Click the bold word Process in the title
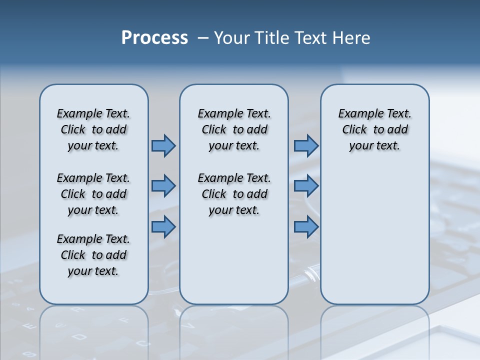click(x=154, y=38)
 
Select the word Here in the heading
click(x=351, y=38)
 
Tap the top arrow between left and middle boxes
click(x=163, y=145)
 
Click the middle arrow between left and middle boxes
click(x=163, y=186)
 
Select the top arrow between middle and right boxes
click(x=306, y=145)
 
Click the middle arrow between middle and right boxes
click(x=306, y=186)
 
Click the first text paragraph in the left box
click(x=93, y=129)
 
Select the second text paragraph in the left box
click(x=93, y=194)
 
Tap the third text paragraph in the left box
click(x=93, y=255)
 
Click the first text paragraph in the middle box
click(x=234, y=129)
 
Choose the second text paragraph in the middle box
click(x=234, y=194)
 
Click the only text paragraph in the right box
click(x=374, y=129)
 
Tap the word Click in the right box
click(x=354, y=130)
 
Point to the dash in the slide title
click(x=203, y=38)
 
